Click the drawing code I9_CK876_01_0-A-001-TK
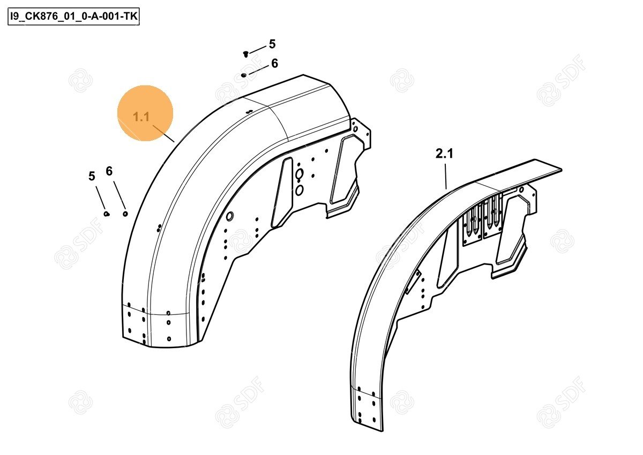[x=73, y=17]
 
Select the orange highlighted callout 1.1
[x=145, y=113]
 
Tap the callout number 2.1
[x=444, y=154]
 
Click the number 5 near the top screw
[x=272, y=44]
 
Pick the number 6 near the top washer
[x=275, y=63]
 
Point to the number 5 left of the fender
[x=92, y=176]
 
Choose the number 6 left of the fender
[x=109, y=171]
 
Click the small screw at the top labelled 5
[x=245, y=54]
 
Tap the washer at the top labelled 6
[x=244, y=75]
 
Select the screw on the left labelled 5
[x=107, y=214]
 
